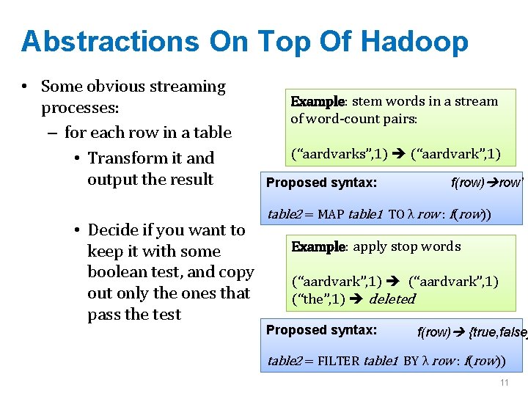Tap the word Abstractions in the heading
[x=110, y=42]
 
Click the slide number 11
[x=504, y=384]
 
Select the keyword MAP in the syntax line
[x=332, y=214]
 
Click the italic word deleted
[x=392, y=299]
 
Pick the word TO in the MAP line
[x=395, y=214]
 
